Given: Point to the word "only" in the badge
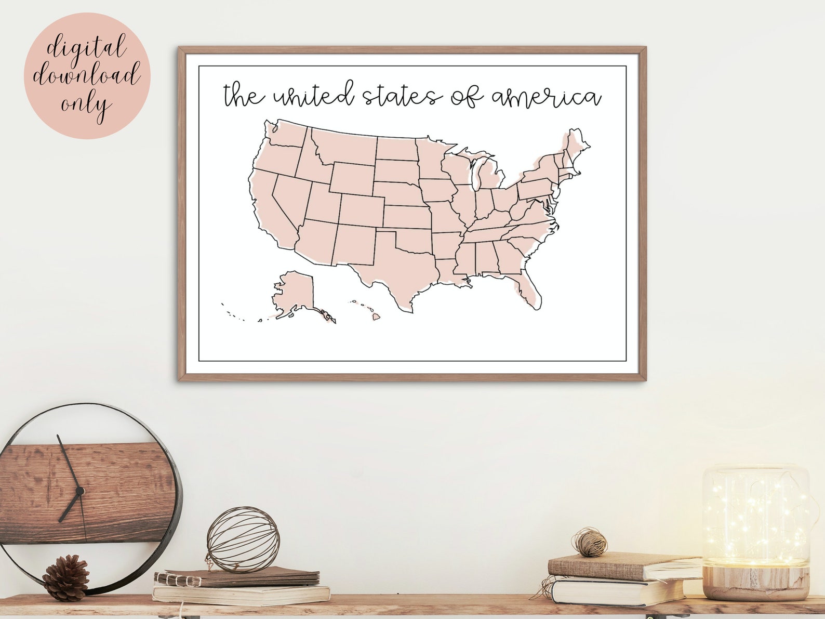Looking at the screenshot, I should click(x=86, y=104).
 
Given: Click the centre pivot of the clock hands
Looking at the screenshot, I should click(x=79, y=490).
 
